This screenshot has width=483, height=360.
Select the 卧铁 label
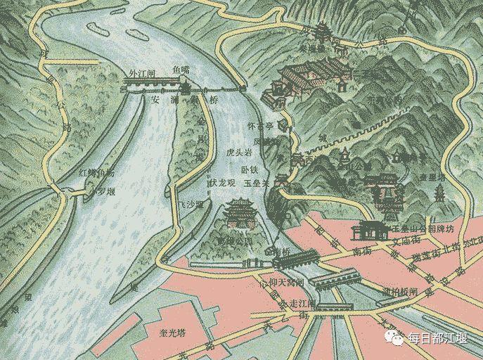[251, 169]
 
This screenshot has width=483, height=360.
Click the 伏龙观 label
[222, 183]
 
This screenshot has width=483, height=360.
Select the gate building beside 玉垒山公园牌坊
[371, 230]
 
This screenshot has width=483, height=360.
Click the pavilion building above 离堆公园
[240, 212]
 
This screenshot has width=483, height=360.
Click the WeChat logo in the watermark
[397, 339]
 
